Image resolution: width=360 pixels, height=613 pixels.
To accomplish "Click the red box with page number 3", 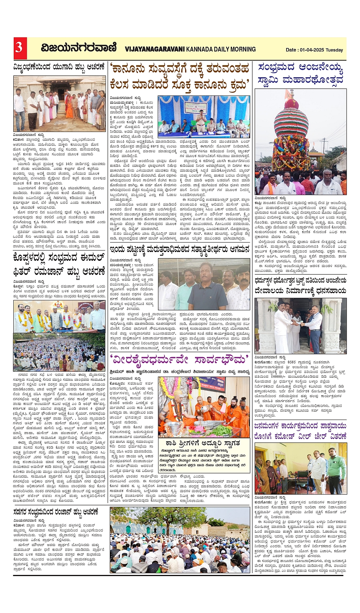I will pyautogui.click(x=19, y=48).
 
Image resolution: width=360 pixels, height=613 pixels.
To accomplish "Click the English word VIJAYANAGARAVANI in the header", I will pyautogui.click(x=154, y=49).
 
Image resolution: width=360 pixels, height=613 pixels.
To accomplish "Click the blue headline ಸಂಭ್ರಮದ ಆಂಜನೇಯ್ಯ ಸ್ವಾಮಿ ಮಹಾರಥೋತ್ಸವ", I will pyautogui.click(x=301, y=74).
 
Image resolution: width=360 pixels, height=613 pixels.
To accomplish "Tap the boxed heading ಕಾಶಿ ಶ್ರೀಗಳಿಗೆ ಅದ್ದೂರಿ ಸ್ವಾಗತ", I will pyautogui.click(x=203, y=444).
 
